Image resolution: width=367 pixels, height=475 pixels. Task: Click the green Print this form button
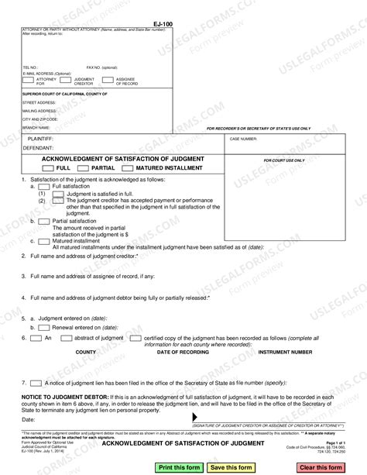point(180,467)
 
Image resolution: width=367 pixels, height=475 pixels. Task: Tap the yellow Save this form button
point(231,467)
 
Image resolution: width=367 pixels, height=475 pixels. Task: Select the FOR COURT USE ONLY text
point(284,160)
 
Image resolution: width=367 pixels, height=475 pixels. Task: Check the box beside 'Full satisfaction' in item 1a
point(46,187)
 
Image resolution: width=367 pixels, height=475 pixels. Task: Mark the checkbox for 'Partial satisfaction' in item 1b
point(46,221)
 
